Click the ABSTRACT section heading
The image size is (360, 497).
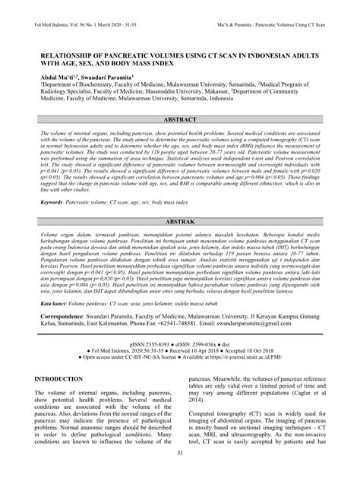(179, 121)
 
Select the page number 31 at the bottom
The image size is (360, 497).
(179, 475)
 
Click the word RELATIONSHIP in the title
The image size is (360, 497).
(66, 57)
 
